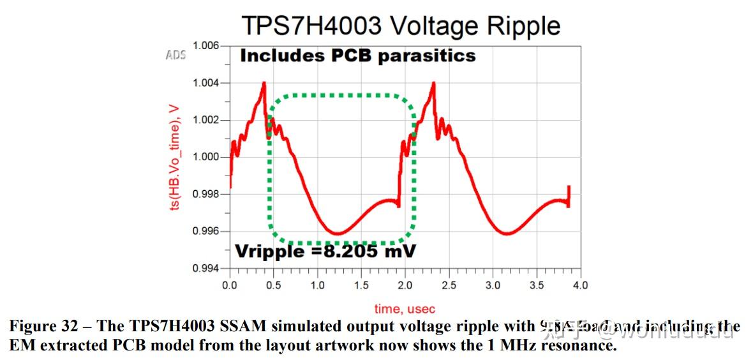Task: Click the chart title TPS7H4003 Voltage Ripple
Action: point(401,26)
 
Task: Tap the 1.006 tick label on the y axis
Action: point(205,46)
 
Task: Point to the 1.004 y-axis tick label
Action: point(205,83)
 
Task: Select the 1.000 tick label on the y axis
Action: point(205,157)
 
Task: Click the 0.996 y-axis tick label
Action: point(205,231)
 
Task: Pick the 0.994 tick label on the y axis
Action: point(205,268)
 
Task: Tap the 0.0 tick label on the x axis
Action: point(230,285)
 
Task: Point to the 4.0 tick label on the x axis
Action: point(580,285)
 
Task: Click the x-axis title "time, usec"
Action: point(405,309)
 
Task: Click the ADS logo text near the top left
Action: point(175,55)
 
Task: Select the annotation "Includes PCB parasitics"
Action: point(357,56)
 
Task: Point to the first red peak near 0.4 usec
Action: point(264,83)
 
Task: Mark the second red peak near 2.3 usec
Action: point(433,83)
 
